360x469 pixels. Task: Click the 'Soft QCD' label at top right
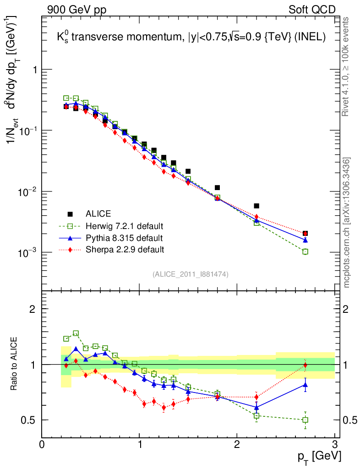(312, 10)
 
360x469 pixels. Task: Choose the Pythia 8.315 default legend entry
(124, 238)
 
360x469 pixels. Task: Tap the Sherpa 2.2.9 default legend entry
(125, 250)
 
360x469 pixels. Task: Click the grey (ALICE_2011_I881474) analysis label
(190, 274)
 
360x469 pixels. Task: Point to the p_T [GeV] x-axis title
(319, 456)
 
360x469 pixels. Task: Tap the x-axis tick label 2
(237, 444)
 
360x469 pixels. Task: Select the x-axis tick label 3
(335, 444)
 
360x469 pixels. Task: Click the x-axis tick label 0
(42, 444)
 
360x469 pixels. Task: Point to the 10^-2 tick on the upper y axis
(28, 191)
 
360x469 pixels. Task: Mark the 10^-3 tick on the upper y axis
(28, 252)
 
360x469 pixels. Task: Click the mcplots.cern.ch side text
(347, 222)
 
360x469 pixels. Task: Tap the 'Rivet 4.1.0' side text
(347, 66)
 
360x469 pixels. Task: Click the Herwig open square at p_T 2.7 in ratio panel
(305, 420)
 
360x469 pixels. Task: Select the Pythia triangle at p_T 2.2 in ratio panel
(256, 407)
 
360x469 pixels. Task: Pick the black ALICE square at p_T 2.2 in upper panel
(256, 206)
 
